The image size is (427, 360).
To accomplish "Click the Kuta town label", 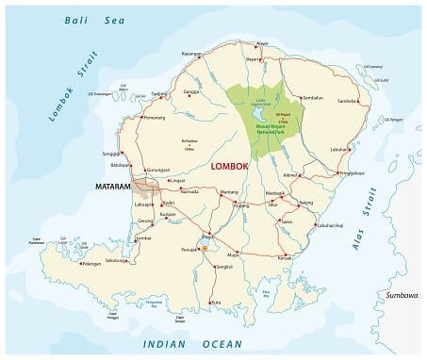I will tap(218, 301).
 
